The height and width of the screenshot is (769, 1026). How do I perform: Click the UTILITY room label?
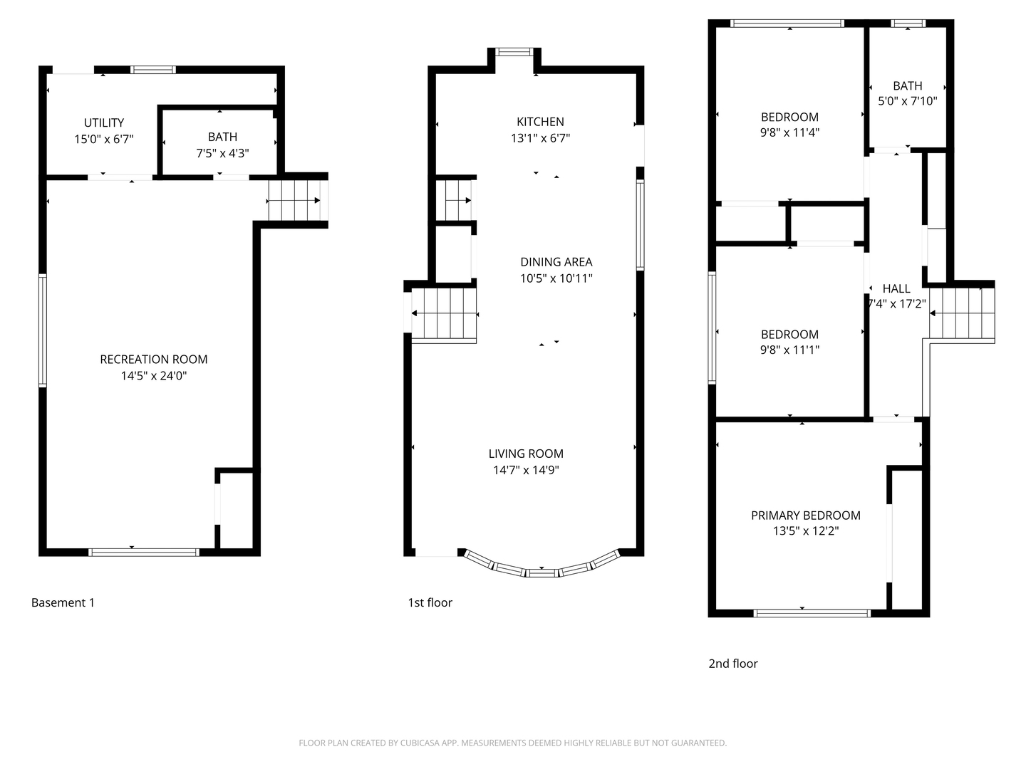coord(104,122)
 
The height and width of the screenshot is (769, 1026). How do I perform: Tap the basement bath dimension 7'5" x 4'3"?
coord(222,153)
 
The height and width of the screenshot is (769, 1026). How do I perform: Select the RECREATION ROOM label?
coord(154,360)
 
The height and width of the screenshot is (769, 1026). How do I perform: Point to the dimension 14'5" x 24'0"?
coord(154,376)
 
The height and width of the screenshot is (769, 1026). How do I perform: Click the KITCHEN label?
coord(540,122)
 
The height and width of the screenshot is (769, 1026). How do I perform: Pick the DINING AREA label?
coord(556,262)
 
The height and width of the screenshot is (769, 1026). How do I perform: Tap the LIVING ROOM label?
coord(526,454)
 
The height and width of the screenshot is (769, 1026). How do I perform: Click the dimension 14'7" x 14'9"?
coord(526,470)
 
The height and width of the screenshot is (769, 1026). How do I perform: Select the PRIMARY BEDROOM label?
coord(805,515)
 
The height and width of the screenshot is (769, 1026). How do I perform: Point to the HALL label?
coord(896,288)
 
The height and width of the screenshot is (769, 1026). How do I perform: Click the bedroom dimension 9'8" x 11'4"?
coord(789,132)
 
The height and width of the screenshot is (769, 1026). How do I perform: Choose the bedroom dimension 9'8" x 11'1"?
coord(789,350)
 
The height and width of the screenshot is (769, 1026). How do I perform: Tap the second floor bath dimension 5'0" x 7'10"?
coord(907,101)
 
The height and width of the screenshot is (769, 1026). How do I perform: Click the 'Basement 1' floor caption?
coord(63,602)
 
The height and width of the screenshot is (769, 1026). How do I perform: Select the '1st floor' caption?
coord(430,602)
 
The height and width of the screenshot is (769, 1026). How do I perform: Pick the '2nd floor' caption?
coord(732,664)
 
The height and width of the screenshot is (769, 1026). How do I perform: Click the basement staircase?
coord(294,201)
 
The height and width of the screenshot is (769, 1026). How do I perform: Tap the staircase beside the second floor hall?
coord(961,313)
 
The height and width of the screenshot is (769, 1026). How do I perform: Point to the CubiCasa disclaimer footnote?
coord(512,743)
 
